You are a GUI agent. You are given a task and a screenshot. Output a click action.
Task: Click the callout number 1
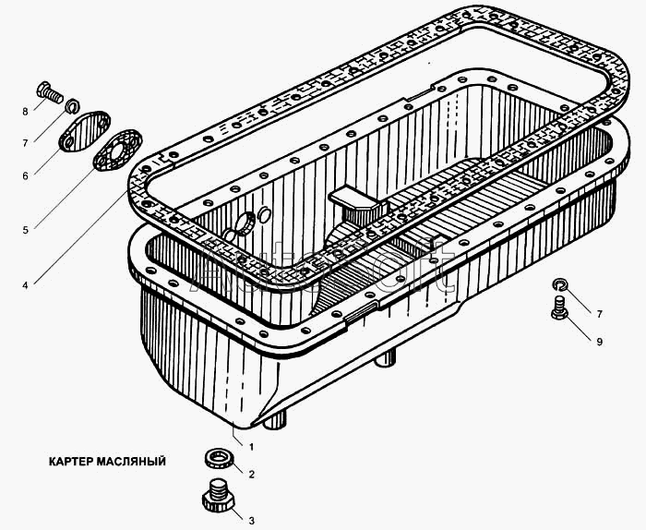coord(251,447)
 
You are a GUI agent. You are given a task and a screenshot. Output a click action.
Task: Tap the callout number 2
coord(251,475)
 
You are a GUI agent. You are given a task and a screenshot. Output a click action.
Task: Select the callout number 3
coord(251,521)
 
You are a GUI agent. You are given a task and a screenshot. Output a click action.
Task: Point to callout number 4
coord(25,284)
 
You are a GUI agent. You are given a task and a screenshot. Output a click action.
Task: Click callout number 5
coord(25,230)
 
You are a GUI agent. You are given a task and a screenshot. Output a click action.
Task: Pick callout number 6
coord(25,176)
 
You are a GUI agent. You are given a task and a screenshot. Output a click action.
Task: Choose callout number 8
coord(25,112)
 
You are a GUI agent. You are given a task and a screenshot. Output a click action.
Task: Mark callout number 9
coord(600,342)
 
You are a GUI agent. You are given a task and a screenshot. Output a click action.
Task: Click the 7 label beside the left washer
coord(25,143)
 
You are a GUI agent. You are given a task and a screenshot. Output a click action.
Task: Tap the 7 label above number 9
coord(600,314)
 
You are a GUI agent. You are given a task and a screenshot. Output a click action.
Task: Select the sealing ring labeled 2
coord(220,459)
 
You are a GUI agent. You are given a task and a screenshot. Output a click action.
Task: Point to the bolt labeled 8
coord(50,92)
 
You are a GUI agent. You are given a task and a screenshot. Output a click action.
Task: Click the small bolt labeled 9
coord(559,307)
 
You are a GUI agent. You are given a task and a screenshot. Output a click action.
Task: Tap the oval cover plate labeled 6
coord(85,131)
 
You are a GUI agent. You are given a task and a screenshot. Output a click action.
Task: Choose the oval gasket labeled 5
coord(118,150)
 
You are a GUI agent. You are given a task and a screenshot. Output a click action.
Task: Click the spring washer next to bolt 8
coord(73,105)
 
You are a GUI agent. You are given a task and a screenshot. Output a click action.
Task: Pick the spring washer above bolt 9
coord(560,284)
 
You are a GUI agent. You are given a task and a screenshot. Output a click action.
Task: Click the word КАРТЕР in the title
coord(70,461)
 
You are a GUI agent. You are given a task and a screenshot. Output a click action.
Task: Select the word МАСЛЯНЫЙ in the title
coord(131,461)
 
